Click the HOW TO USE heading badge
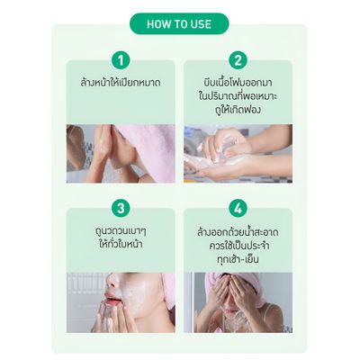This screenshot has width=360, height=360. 180,23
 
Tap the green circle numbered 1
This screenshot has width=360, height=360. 121,61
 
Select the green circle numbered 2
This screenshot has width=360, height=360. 238,61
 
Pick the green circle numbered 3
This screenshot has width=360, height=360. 121,208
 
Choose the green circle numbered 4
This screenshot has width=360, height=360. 238,208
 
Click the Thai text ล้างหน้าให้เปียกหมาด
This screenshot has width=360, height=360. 121,84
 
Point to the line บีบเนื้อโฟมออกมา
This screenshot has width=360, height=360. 238,82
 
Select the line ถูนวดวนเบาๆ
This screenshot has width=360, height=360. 121,231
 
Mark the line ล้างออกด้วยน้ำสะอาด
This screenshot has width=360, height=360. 238,230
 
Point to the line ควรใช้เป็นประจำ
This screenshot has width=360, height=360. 238,245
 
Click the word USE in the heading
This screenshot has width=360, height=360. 200,23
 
